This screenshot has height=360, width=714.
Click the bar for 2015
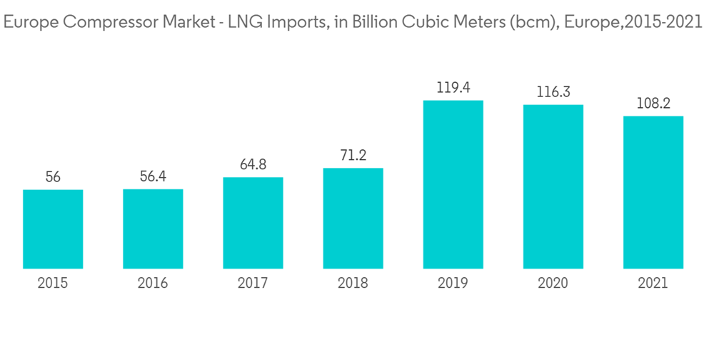coord(53,229)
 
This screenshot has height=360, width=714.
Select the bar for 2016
coord(153,229)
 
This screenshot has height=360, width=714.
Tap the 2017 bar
coord(253,223)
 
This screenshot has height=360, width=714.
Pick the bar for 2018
coord(353,219)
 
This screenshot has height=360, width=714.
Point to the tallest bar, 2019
coord(453,184)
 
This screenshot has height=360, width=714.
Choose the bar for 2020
coord(553,186)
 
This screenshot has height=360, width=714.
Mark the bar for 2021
coord(653,192)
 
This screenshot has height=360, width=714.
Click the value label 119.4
coord(453,89)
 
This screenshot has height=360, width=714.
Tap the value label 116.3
coord(553,93)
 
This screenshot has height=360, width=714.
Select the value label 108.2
coord(653,104)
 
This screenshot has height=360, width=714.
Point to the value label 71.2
coord(353,156)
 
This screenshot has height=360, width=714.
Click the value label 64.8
coord(253,165)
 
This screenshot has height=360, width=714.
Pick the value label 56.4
coord(153,176)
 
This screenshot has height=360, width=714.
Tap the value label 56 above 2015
coord(53,177)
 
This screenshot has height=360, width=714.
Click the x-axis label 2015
coord(53,284)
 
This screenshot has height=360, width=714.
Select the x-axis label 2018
coord(353,284)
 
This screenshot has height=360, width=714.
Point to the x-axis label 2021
coord(653,284)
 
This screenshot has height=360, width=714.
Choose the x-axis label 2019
coord(453,284)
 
